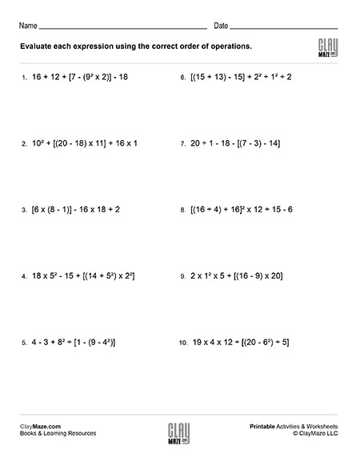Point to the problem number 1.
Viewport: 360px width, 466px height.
[25, 78]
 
